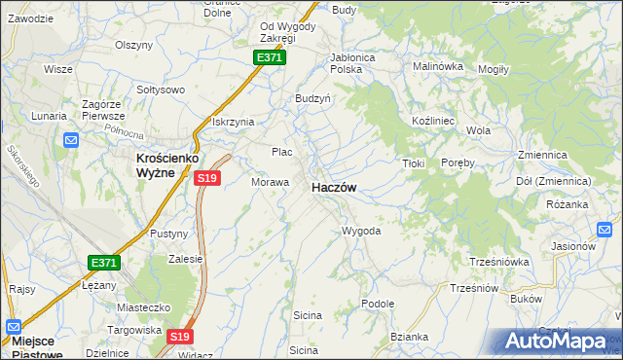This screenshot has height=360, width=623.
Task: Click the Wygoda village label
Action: pyautogui.click(x=360, y=232)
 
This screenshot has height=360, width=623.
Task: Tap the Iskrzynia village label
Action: pyautogui.click(x=233, y=122)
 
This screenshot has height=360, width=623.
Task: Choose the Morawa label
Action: pyautogui.click(x=271, y=182)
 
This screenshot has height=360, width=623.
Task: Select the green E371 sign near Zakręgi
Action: pyautogui.click(x=270, y=58)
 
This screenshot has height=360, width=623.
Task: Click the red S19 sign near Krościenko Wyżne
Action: pyautogui.click(x=206, y=178)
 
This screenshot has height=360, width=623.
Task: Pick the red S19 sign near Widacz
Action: pyautogui.click(x=178, y=337)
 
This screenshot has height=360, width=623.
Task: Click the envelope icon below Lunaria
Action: pyautogui.click(x=71, y=140)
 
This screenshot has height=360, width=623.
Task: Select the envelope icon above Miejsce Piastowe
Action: pyautogui.click(x=14, y=326)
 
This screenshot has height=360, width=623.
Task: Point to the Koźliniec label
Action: pyautogui.click(x=429, y=118)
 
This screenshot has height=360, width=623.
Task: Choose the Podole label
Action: pyautogui.click(x=377, y=304)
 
